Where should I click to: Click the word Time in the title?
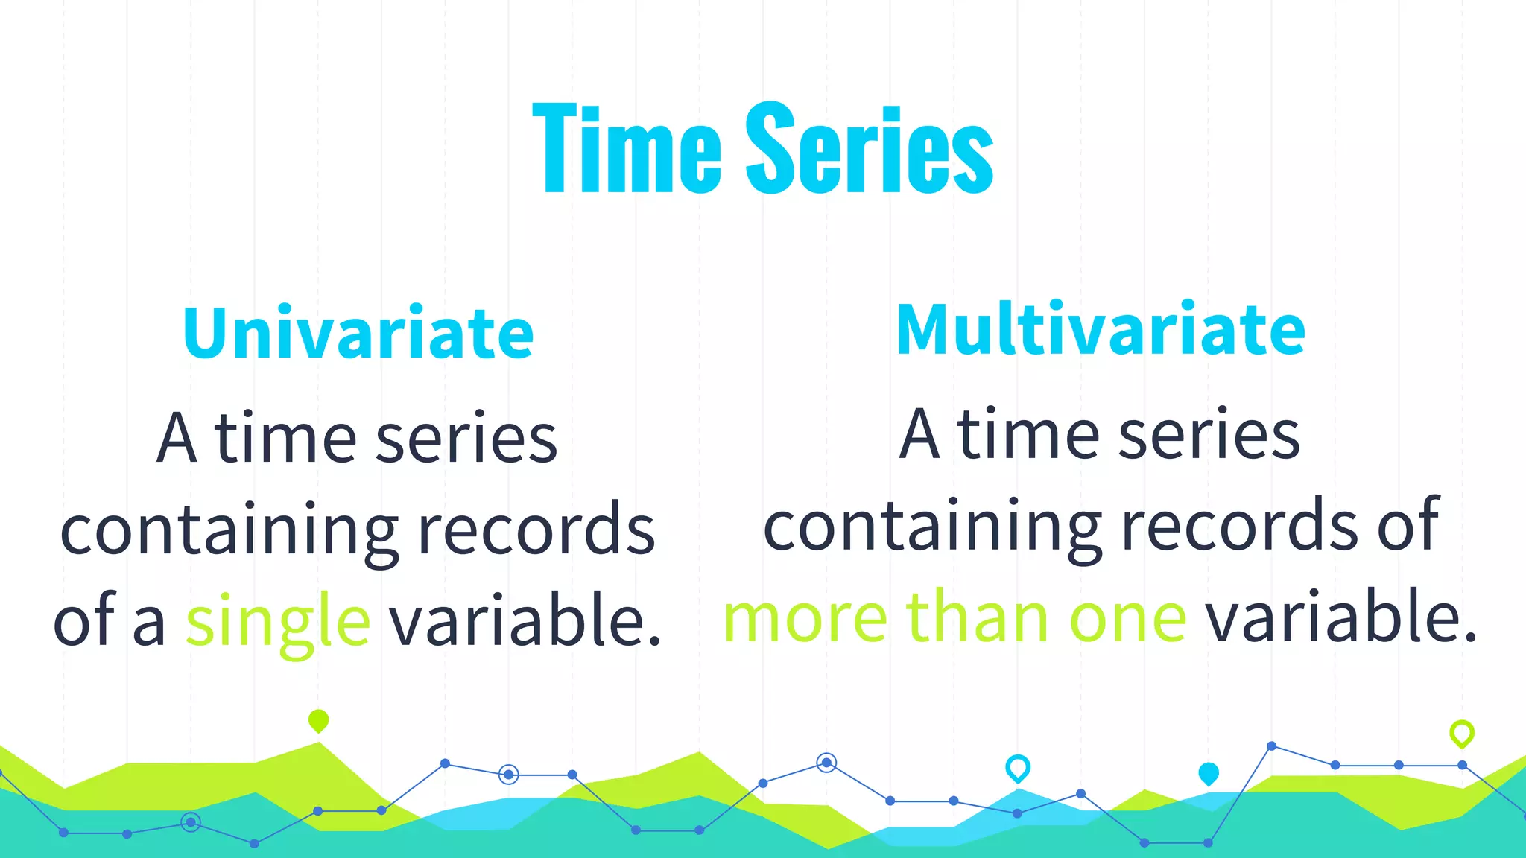[627, 149]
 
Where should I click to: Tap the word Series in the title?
[869, 149]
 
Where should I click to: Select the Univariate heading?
[358, 333]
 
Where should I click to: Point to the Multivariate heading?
[1101, 329]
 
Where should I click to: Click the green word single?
[277, 623]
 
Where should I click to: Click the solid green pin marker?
[318, 721]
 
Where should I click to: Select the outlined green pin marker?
[1461, 734]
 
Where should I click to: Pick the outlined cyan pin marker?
[1017, 768]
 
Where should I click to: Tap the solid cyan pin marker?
[1208, 774]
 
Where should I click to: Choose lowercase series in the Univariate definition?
[466, 439]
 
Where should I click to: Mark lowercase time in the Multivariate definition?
[1028, 435]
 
